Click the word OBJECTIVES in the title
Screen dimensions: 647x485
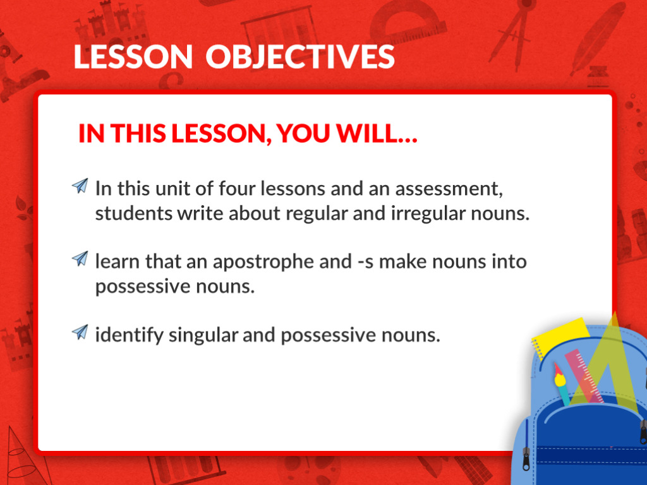(x=300, y=56)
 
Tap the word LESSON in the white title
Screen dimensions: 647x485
(x=133, y=56)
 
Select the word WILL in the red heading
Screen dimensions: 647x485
(x=377, y=133)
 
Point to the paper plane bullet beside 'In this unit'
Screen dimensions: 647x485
(x=80, y=186)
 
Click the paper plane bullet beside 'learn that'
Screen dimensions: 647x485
(x=80, y=258)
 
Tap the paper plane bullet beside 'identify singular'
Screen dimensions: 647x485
(x=80, y=332)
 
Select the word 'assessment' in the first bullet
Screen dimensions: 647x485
(x=449, y=189)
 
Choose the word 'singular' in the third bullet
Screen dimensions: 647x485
(x=203, y=335)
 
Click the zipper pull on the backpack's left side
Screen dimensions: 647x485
(x=526, y=458)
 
